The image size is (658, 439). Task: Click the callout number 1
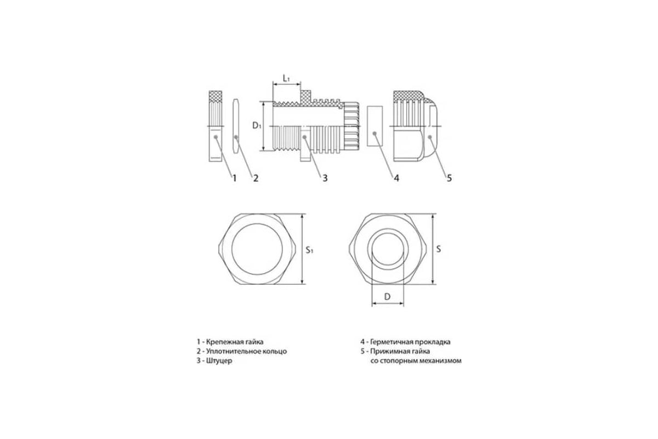point(234,178)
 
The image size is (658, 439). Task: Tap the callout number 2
point(255,178)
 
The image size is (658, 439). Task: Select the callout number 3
point(325,178)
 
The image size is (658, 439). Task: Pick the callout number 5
point(449,178)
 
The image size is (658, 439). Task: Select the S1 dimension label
point(309,250)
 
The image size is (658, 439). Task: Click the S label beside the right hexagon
point(438,249)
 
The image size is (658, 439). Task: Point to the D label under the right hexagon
point(387,297)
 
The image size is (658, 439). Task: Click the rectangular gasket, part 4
point(374,126)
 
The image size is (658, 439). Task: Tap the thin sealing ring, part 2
point(236,126)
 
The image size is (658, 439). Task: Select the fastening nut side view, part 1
point(216,126)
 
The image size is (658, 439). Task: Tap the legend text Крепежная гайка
point(234,341)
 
